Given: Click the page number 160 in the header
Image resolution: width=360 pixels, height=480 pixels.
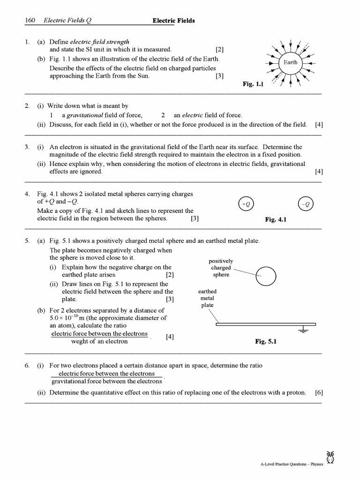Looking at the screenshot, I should pos(31,21).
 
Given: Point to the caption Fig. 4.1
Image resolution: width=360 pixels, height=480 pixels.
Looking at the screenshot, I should pos(276,219).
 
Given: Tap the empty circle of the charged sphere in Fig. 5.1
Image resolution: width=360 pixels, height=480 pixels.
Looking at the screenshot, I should pos(265,276).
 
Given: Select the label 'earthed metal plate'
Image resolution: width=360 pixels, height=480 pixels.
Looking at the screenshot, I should pos(207,298).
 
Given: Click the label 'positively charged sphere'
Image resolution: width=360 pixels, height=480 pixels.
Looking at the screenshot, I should pos(221,268).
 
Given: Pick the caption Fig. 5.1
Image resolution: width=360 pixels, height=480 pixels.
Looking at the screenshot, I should pos(266,342).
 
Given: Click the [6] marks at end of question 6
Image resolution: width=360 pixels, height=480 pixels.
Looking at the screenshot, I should pos(319,392).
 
